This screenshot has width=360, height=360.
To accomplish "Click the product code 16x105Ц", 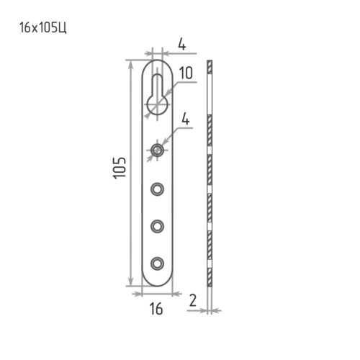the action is pos(43,28).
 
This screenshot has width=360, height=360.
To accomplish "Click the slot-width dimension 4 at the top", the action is pos(182,45).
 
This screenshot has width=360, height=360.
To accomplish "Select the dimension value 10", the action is pos(186,73).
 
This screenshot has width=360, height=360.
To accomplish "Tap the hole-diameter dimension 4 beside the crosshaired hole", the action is pos(186,119).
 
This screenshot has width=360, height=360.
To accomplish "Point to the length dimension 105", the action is pos(120,168).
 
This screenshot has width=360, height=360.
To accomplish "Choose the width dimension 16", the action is pos(156,309).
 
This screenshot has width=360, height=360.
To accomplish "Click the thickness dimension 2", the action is pos(193,300).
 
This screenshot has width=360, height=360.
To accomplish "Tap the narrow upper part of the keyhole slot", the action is pos(157,85).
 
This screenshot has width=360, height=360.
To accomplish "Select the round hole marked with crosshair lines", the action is pos(157,150).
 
